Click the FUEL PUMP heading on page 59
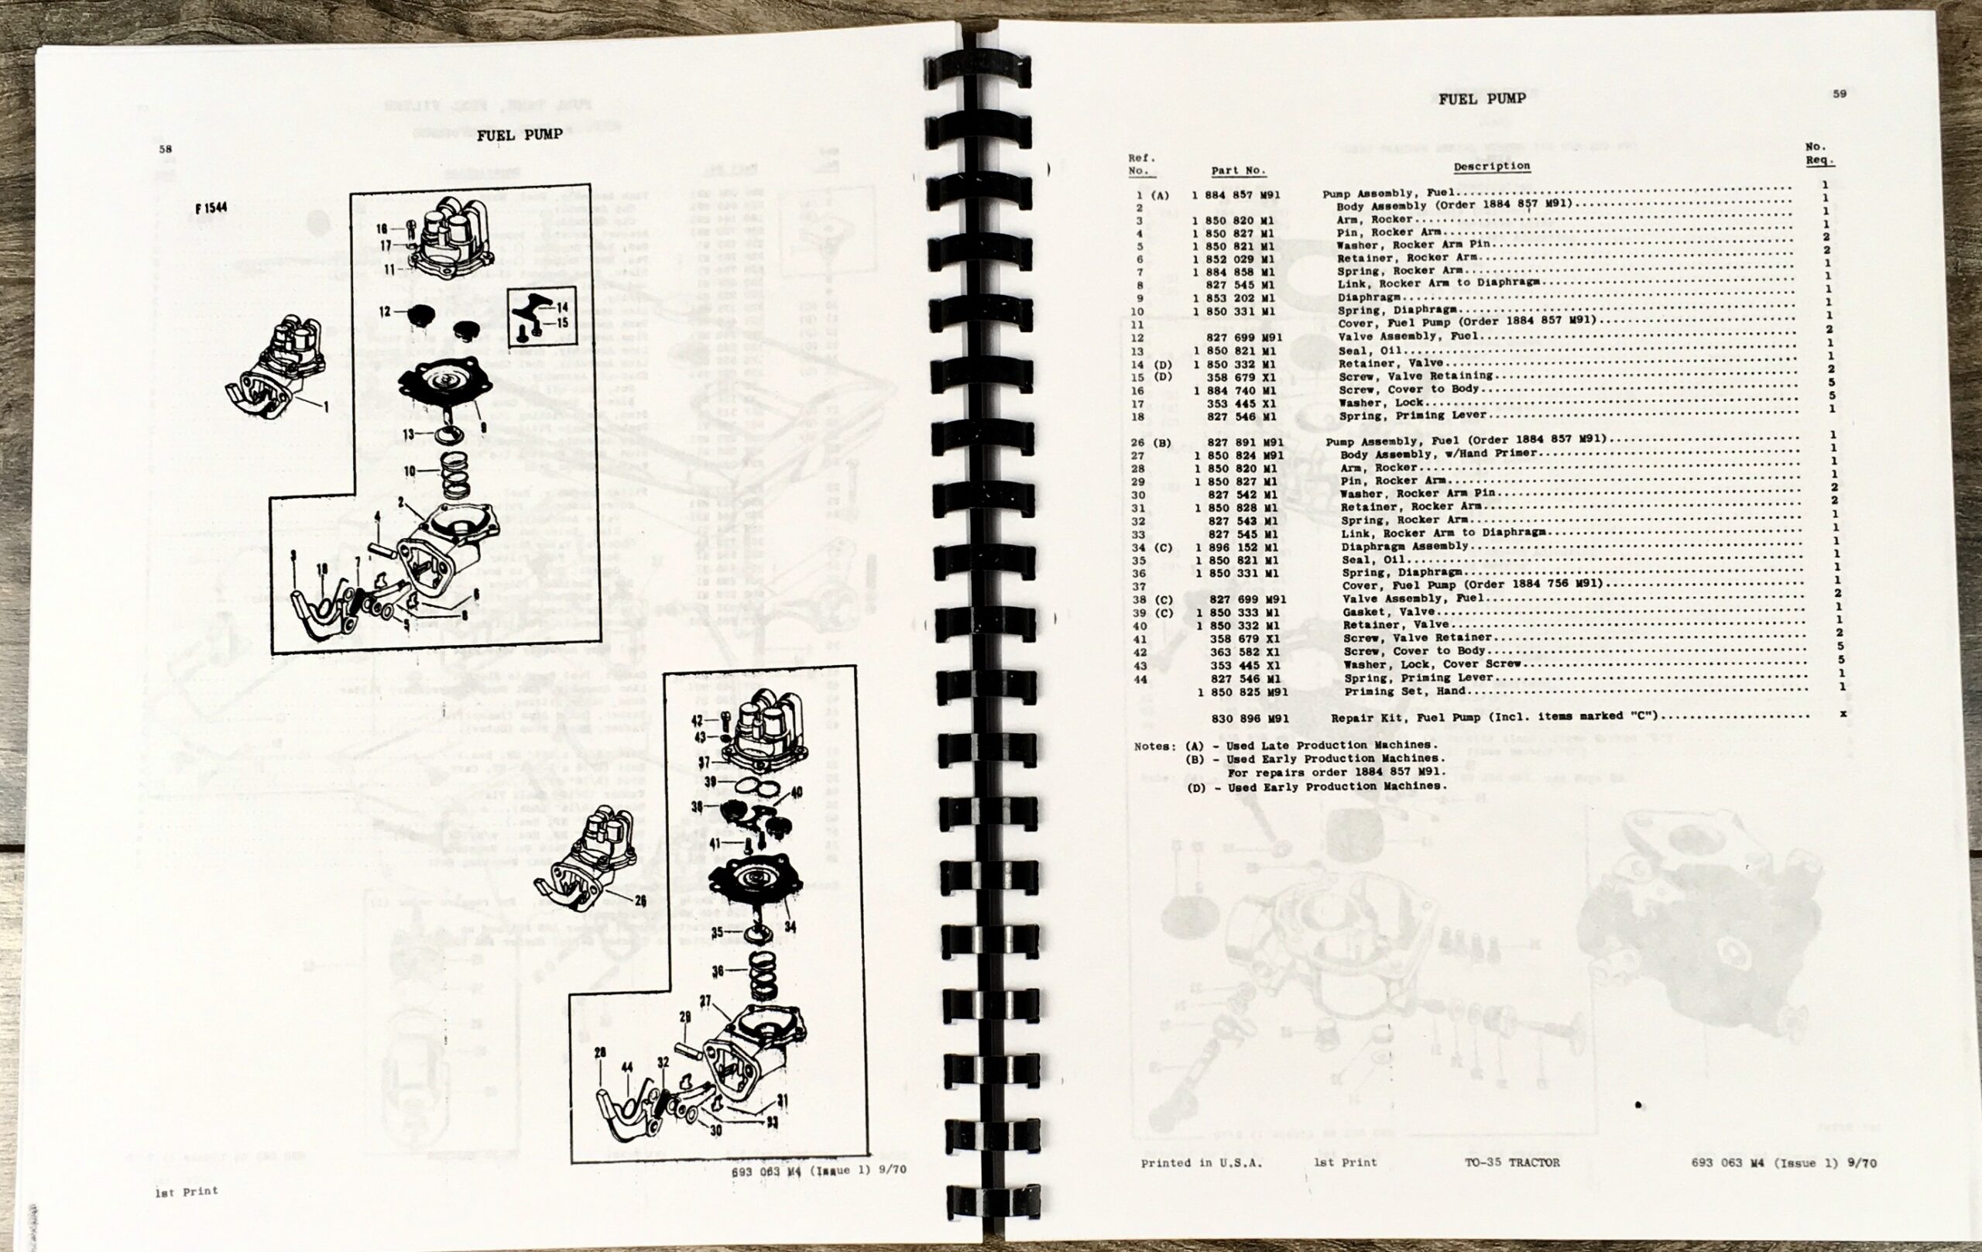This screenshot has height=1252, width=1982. (1482, 100)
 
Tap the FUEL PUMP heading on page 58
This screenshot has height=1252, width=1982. (520, 135)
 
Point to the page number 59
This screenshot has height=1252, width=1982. (1839, 94)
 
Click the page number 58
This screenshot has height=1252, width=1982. (166, 149)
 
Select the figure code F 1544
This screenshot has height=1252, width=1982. (211, 208)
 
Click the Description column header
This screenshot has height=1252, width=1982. (1491, 166)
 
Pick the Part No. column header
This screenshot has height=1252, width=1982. (1237, 171)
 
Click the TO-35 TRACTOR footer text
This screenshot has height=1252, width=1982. (1511, 1162)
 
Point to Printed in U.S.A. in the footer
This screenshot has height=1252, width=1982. (1201, 1163)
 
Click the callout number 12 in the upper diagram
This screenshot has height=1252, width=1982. (384, 311)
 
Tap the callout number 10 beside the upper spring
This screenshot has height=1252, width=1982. (409, 471)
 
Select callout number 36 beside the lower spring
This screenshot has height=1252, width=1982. (718, 971)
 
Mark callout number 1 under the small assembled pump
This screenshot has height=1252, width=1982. (325, 406)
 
